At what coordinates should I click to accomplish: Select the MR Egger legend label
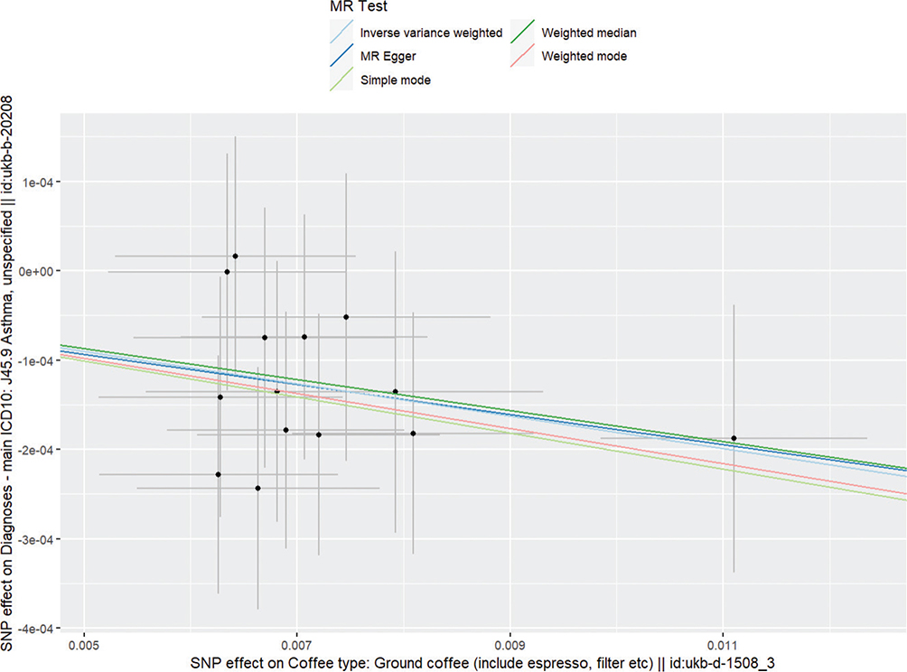381,56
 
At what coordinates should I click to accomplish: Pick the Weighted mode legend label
584,56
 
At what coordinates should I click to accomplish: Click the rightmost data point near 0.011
734,438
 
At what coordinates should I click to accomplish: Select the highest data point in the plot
235,257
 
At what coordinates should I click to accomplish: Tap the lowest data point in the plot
257,488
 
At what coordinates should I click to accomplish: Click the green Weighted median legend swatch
521,33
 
